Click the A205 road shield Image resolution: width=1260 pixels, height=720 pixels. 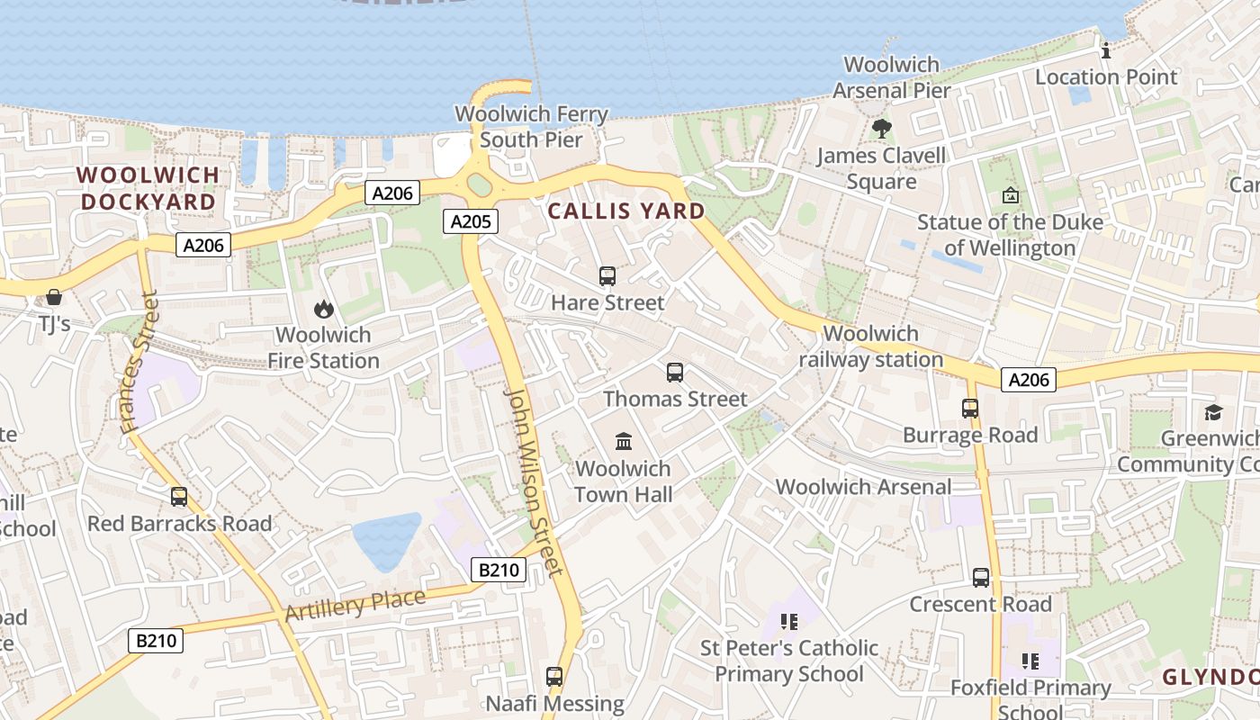pyautogui.click(x=470, y=221)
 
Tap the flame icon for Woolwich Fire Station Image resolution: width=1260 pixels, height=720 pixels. pyautogui.click(x=323, y=310)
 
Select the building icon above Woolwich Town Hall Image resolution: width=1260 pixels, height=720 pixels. pyautogui.click(x=624, y=441)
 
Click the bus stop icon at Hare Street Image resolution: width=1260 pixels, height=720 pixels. pyautogui.click(x=607, y=276)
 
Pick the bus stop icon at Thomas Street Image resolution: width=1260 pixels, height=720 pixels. pyautogui.click(x=675, y=372)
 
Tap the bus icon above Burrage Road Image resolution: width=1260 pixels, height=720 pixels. pyautogui.click(x=970, y=409)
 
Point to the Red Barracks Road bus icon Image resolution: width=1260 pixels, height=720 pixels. pyautogui.click(x=179, y=497)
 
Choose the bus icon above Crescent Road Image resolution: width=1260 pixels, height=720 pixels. pyautogui.click(x=981, y=578)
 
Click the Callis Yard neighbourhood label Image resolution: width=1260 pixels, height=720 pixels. pyautogui.click(x=626, y=211)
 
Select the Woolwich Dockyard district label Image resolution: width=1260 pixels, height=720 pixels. pyautogui.click(x=148, y=188)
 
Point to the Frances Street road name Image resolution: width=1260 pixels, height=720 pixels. pyautogui.click(x=140, y=362)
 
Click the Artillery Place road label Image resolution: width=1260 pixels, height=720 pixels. pyautogui.click(x=355, y=605)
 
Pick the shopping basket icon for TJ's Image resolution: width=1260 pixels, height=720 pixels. pyautogui.click(x=54, y=297)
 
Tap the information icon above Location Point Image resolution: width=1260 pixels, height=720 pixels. pyautogui.click(x=1106, y=51)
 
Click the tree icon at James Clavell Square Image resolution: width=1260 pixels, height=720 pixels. pyautogui.click(x=882, y=129)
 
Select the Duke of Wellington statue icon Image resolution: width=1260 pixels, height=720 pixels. pyautogui.click(x=1011, y=195)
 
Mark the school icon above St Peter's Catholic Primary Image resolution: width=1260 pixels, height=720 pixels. pyautogui.click(x=789, y=621)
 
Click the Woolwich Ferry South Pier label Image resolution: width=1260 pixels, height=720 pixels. pyautogui.click(x=531, y=127)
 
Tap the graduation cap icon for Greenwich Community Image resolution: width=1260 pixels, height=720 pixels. pyautogui.click(x=1213, y=412)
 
